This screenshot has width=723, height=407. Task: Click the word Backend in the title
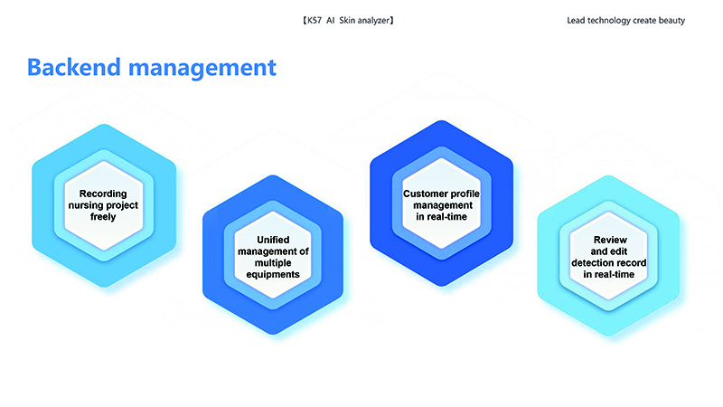coord(74,67)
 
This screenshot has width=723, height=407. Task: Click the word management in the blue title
coord(202,69)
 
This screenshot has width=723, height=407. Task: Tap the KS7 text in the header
coord(314,20)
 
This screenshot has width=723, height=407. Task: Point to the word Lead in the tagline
coord(576,20)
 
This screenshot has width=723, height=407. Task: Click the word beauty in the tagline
coord(672,21)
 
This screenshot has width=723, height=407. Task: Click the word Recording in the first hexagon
coord(103,194)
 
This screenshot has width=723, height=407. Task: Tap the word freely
coord(103,216)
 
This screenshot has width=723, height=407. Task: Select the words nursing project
coord(103,205)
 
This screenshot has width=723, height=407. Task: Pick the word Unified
coord(273,240)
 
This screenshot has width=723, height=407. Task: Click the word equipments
coord(273,275)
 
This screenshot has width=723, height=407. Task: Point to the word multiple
coord(273,263)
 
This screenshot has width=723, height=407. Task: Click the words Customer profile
coord(441,194)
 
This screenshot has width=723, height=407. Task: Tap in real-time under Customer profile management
coord(441,216)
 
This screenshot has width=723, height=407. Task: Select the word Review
coord(610,240)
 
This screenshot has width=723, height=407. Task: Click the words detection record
coord(608,262)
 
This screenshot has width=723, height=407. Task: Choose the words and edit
coord(608,251)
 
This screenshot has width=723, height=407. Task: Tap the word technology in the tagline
coord(608,21)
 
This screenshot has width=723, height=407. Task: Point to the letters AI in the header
coord(330,20)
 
